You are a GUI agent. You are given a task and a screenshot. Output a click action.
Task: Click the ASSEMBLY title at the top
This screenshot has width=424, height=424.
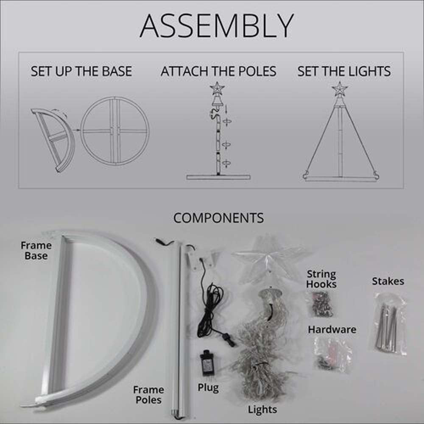(217, 26)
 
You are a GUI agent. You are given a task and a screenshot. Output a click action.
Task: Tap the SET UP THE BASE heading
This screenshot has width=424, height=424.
(81, 71)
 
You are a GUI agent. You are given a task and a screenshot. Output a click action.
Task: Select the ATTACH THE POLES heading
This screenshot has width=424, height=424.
(218, 71)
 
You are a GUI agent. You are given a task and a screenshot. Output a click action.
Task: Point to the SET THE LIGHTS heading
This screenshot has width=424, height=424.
(344, 71)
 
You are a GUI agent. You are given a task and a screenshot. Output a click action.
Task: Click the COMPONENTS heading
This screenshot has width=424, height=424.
(218, 218)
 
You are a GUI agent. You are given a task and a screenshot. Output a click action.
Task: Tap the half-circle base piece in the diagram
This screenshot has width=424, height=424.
(71, 141)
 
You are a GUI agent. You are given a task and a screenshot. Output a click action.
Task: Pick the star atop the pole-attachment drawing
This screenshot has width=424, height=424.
(217, 89)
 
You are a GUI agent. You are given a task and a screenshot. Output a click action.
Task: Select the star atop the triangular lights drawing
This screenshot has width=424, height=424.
(340, 88)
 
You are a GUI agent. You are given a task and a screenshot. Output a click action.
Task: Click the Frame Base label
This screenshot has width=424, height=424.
(36, 251)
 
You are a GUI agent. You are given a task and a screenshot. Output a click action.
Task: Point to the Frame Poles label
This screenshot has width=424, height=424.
(148, 395)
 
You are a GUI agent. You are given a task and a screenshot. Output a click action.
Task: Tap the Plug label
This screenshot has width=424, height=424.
(208, 388)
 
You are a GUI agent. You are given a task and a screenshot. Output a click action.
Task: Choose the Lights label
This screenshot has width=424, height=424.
(262, 410)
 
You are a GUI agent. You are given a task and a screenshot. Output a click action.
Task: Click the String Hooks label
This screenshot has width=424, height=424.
(321, 279)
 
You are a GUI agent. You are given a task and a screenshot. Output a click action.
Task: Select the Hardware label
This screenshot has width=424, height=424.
(332, 329)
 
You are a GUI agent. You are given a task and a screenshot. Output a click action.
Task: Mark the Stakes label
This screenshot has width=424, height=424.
(388, 281)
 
